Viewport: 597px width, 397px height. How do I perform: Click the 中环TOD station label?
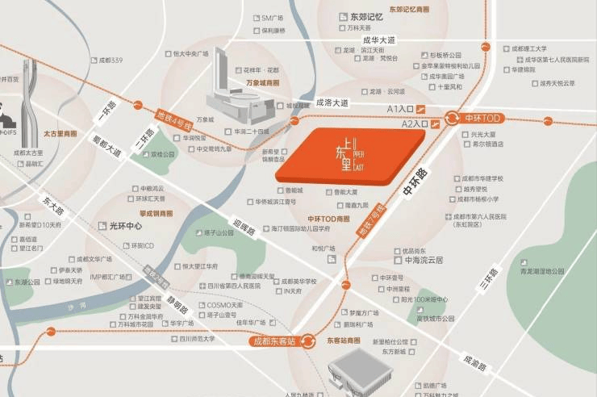tap(484, 118)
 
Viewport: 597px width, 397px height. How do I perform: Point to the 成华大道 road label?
tap(378, 40)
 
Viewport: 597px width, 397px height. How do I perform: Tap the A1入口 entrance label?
tap(401, 108)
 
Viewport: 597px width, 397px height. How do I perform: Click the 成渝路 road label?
tap(475, 362)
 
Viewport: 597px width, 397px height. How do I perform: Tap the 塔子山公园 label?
tap(217, 232)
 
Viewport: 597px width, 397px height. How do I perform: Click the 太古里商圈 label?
tap(61, 134)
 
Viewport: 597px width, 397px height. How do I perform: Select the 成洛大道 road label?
tap(332, 102)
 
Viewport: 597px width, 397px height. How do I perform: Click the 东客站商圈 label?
tap(344, 341)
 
